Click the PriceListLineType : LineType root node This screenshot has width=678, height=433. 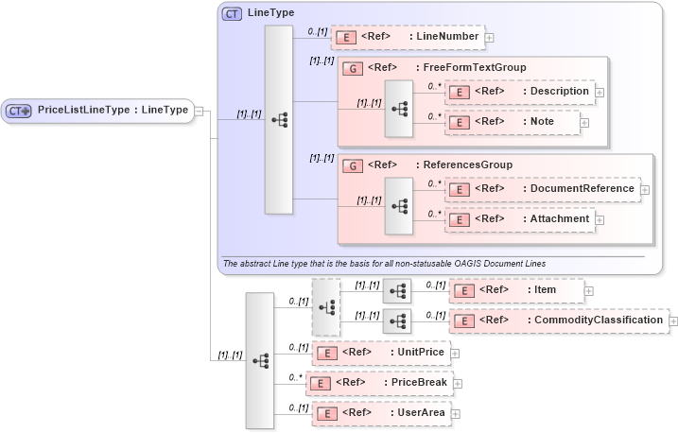(x=98, y=111)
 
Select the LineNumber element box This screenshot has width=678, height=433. (x=407, y=37)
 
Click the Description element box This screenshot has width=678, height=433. (x=519, y=92)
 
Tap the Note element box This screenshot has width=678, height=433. (x=512, y=122)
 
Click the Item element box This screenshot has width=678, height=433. (x=516, y=290)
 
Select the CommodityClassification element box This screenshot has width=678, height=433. (x=558, y=320)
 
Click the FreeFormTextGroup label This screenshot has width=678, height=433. (x=474, y=67)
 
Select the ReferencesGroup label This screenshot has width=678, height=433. (x=467, y=165)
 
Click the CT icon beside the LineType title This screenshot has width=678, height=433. (x=232, y=13)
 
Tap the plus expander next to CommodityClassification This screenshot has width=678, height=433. (x=673, y=321)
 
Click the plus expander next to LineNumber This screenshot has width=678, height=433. (x=489, y=38)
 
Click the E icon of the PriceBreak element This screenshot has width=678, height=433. (x=322, y=383)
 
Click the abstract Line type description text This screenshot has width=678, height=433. (x=384, y=262)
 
